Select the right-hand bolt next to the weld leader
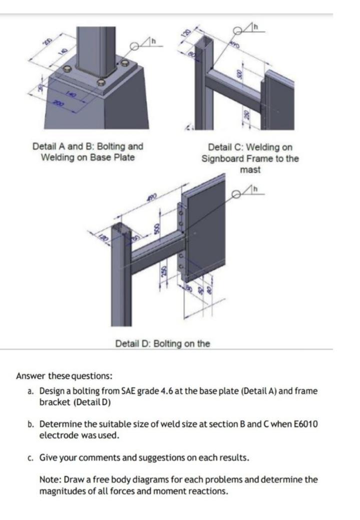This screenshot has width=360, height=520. pos(124,63)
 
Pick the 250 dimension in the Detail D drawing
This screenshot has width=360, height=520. pos(163,271)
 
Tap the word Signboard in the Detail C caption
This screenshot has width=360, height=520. pos(224,159)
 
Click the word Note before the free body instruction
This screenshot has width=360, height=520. pos(49,479)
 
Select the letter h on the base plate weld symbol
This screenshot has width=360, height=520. pos(154,40)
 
